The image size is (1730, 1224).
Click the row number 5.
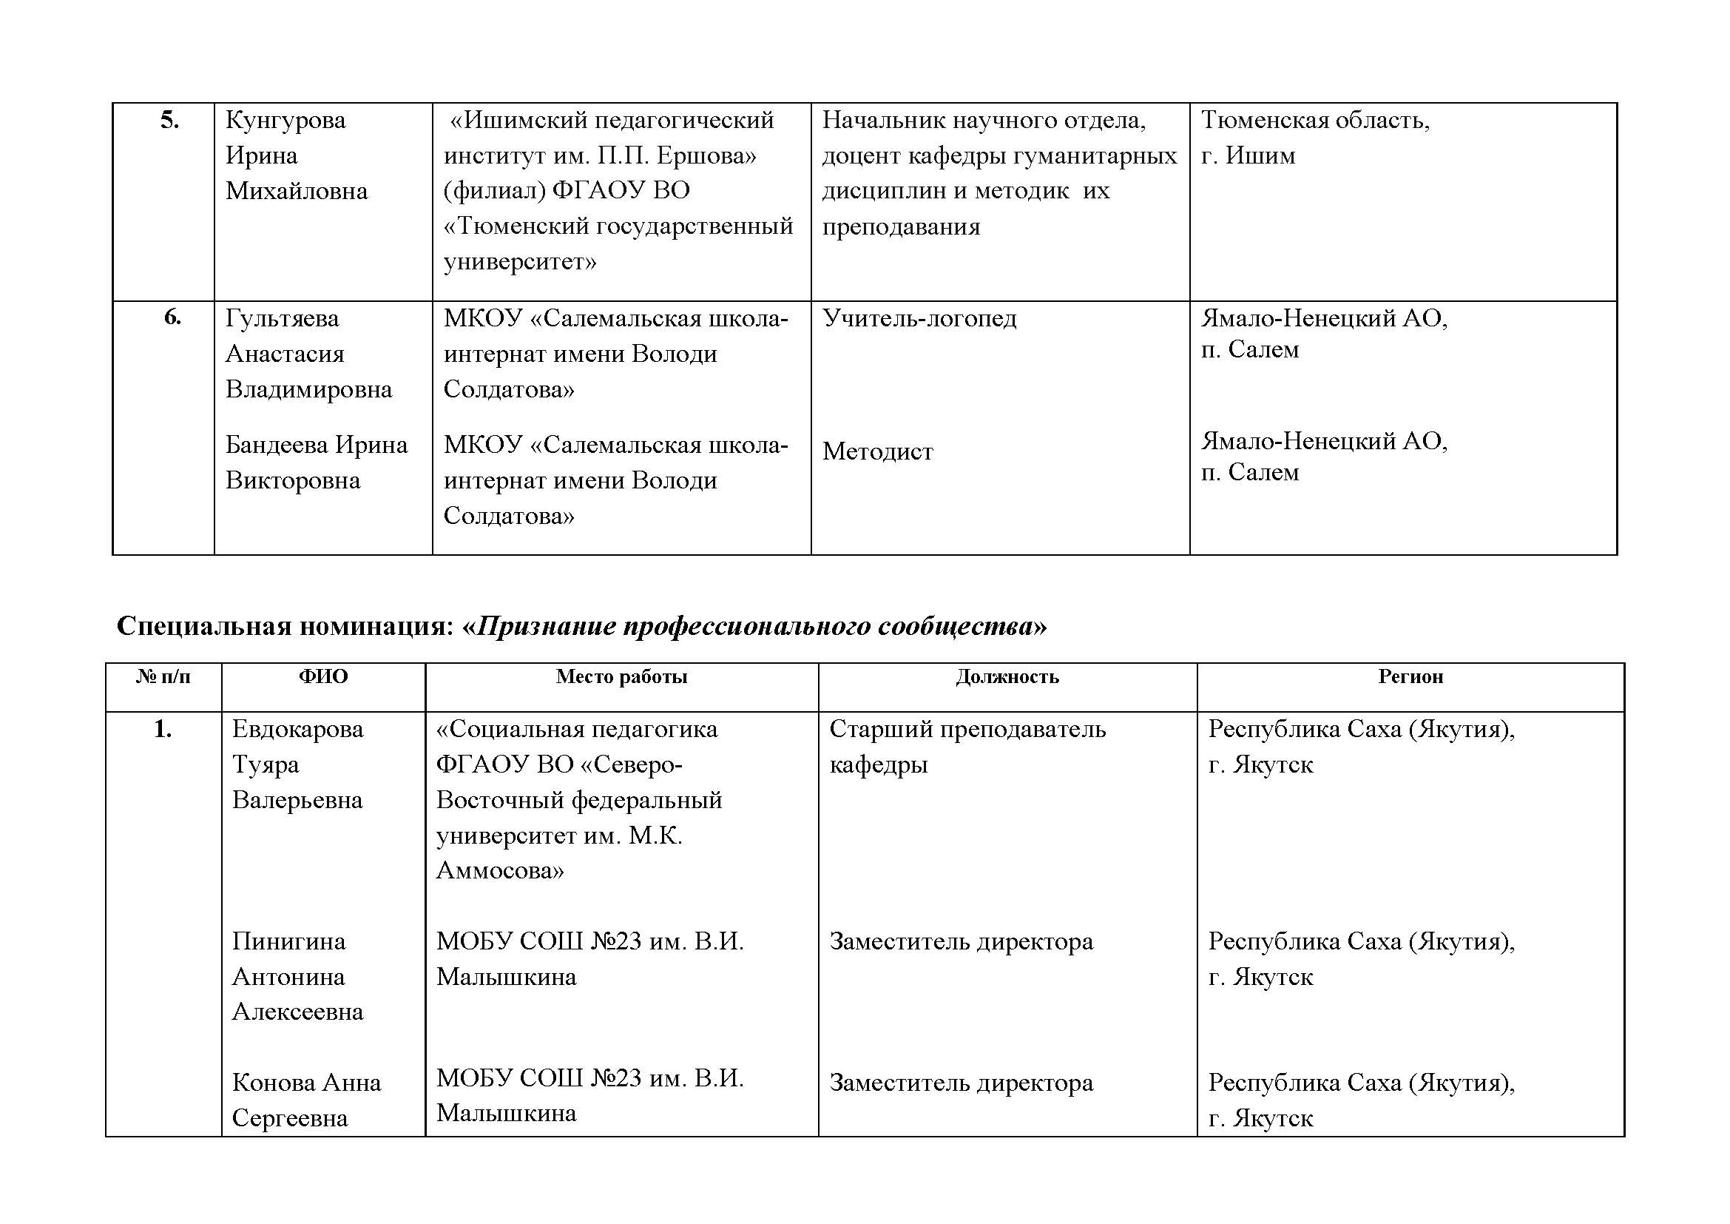tap(169, 121)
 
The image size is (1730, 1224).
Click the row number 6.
tap(172, 317)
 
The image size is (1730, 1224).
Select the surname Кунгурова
tap(285, 121)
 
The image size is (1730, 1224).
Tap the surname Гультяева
tap(282, 319)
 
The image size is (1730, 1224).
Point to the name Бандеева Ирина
tap(317, 445)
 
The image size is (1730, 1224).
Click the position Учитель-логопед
tap(919, 319)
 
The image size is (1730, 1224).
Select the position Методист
tap(878, 451)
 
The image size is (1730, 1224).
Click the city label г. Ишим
tap(1248, 156)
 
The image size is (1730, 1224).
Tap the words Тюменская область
tap(1315, 121)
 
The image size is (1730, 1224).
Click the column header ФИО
tap(323, 677)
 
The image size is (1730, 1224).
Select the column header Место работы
tap(621, 677)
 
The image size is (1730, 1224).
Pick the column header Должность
tap(1007, 677)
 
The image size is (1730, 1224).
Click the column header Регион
tap(1410, 677)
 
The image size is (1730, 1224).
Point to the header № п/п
tap(163, 677)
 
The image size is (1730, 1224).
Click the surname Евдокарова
tap(297, 730)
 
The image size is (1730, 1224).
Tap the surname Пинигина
tap(288, 941)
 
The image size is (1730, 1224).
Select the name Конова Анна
tap(307, 1083)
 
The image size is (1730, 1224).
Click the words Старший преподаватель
tap(967, 730)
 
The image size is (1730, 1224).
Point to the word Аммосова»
tap(500, 871)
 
